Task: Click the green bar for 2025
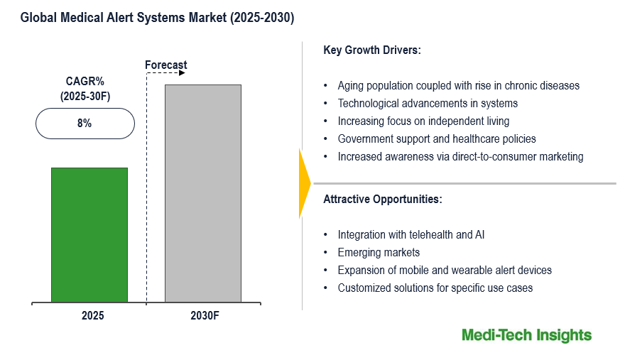point(89,235)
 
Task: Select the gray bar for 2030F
point(203,194)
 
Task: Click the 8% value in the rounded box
point(85,123)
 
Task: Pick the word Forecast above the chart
point(166,65)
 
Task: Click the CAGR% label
point(85,81)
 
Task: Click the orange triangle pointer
point(304,183)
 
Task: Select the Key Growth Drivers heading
point(371,50)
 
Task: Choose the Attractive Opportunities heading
point(383,200)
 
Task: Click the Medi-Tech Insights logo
point(526,335)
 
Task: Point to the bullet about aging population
point(458,85)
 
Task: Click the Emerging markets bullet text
point(379,252)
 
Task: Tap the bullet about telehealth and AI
point(411,234)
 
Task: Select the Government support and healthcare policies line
point(437,139)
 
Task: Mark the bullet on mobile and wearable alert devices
point(445,270)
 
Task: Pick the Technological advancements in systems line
point(428,104)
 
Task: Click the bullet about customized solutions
point(435,288)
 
